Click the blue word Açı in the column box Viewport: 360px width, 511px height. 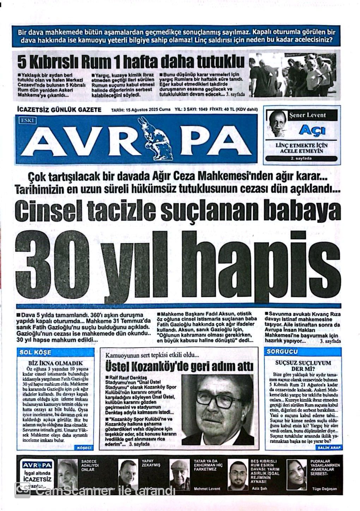(312, 130)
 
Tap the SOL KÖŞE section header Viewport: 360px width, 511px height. (35, 352)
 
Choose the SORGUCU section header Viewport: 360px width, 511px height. (282, 351)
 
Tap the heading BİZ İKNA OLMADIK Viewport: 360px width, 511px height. (55, 363)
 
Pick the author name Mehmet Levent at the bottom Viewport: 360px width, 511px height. (207, 489)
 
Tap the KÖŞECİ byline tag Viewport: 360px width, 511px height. (84, 447)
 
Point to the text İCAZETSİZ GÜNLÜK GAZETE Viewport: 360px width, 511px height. (59, 110)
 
